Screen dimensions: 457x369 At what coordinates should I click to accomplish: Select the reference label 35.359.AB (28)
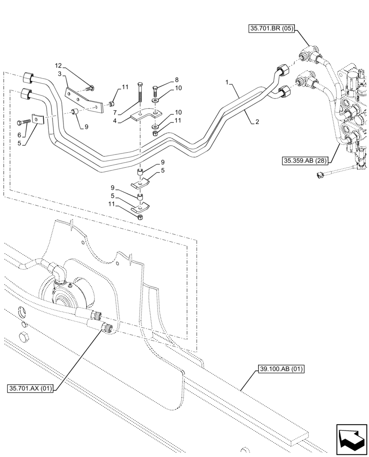click(302, 160)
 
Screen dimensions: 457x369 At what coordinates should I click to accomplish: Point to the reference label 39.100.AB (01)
click(279, 369)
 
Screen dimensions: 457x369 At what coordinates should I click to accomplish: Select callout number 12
click(58, 66)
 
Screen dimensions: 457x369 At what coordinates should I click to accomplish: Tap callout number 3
click(59, 73)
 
